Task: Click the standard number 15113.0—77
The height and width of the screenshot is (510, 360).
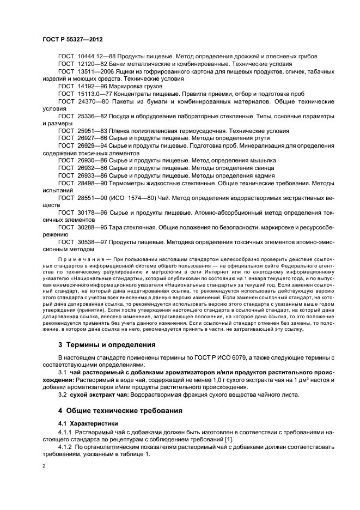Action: pyautogui.click(x=94, y=94)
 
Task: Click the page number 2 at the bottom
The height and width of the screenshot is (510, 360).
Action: pyautogui.click(x=44, y=467)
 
